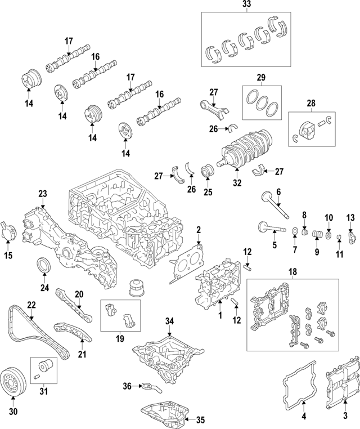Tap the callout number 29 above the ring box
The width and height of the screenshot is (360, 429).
click(x=260, y=77)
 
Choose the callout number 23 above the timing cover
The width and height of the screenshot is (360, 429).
click(x=42, y=194)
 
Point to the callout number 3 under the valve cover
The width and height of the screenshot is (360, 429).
click(x=346, y=415)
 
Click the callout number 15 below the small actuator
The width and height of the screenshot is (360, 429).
click(x=8, y=257)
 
